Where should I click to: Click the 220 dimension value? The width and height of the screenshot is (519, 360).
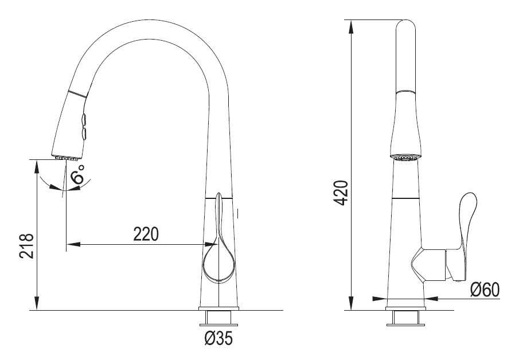pos(146,234)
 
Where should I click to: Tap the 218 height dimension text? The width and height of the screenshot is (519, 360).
pos(26,246)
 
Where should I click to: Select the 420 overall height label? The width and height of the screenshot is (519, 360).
pos(341,193)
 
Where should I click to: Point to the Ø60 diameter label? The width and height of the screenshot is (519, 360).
pos(485,290)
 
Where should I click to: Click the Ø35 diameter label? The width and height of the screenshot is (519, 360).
pos(219,338)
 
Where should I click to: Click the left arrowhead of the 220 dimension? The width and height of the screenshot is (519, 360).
pos(73,245)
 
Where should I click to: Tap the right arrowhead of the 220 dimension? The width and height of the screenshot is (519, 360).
pos(211,245)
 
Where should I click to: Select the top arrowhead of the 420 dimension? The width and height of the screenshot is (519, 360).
pos(351,27)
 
